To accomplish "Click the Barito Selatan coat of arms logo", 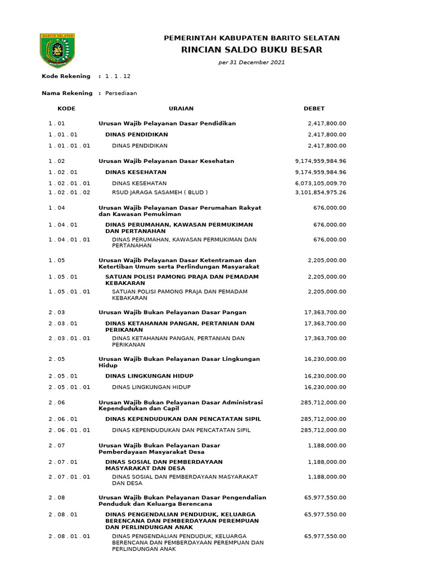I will [58, 50].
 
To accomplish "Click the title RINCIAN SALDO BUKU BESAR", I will [251, 50].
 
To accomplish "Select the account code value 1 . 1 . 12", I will [118, 76].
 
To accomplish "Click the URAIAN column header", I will [181, 108].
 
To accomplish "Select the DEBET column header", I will [314, 108].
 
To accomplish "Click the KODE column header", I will [66, 108].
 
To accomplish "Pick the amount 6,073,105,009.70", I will [320, 183].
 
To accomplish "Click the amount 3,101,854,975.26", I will [320, 192].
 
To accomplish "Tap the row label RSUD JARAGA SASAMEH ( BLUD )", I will [159, 192].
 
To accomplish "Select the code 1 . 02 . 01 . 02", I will [69, 192].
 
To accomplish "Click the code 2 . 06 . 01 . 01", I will [69, 430].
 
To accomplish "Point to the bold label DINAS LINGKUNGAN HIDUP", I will [149, 376].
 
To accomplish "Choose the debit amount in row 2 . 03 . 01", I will [325, 323].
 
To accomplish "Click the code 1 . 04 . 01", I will [63, 225].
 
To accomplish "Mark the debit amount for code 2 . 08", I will [325, 497].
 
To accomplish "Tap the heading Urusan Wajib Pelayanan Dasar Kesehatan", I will [166, 161].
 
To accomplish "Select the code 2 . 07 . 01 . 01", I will [69, 477].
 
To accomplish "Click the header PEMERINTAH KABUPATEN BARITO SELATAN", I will [251, 38].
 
